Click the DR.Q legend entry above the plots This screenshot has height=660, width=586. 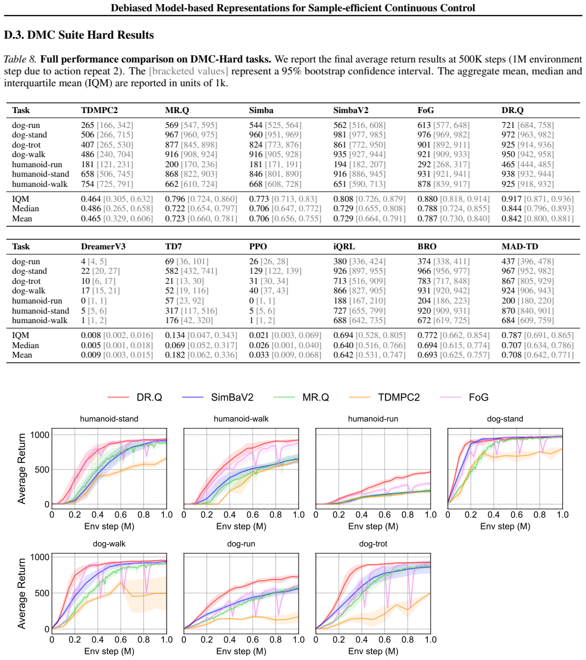134,398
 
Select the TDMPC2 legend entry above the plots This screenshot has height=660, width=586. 384,398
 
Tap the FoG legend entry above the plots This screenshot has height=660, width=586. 464,398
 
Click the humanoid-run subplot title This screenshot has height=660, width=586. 372,419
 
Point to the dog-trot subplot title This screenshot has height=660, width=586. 372,544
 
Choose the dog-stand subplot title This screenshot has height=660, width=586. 505,419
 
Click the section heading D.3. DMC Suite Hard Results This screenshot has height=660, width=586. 79,35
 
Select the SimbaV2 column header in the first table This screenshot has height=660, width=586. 351,110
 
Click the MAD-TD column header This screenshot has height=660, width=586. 519,246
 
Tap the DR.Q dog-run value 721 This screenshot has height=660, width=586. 508,125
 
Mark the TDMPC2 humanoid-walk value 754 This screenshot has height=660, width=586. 87,184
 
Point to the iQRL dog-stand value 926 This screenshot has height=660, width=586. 340,271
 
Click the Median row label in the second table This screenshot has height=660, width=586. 25,345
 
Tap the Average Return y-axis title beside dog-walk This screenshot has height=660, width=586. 21,593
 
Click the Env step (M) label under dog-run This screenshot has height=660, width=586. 241,651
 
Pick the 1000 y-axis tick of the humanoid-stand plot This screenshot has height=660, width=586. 40,435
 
